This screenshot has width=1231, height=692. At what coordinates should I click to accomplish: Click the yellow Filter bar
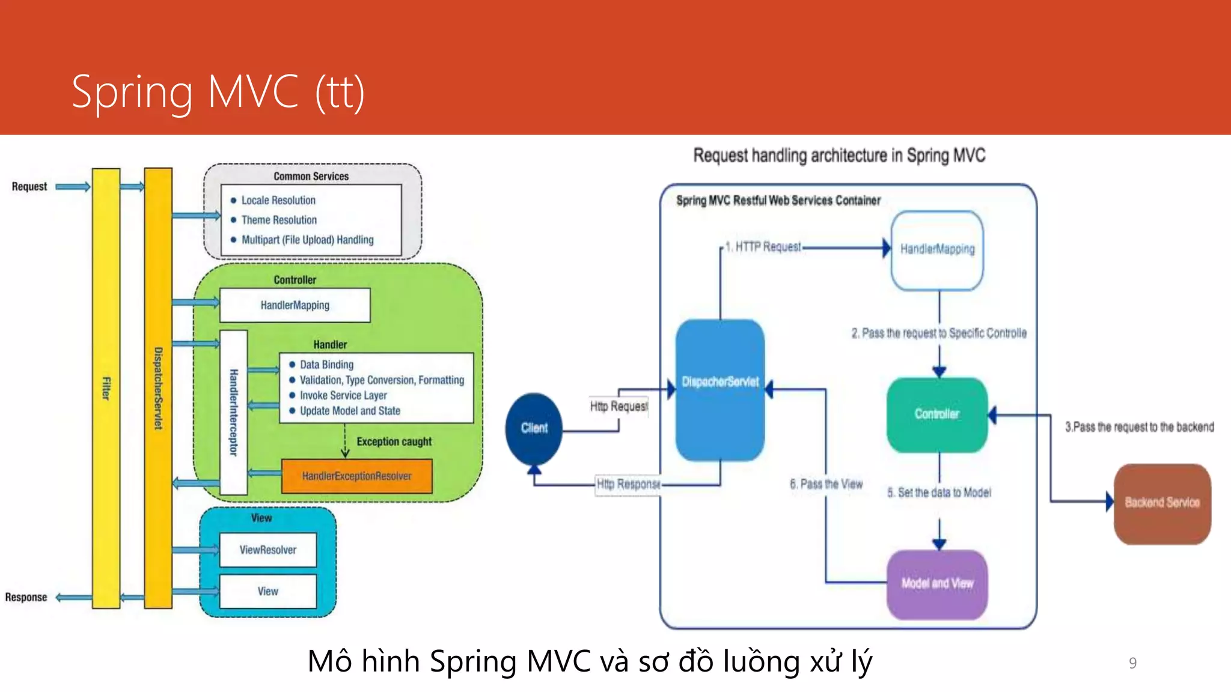coord(106,388)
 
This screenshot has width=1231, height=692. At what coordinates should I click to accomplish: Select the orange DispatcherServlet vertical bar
coord(158,388)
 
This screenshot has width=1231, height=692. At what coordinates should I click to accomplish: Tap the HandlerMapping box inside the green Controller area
coord(295,305)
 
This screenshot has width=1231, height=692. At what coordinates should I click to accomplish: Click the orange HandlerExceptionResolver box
coord(356,476)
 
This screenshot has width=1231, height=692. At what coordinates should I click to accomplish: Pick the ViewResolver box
coord(267,550)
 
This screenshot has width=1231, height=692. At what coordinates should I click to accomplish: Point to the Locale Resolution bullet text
coord(278,200)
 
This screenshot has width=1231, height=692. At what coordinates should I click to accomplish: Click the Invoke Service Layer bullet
coord(343,395)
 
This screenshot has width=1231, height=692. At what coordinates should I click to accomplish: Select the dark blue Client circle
coord(534,428)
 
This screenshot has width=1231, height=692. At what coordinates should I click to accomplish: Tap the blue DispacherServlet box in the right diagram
coord(719,389)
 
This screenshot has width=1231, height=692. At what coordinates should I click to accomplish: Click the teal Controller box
coord(936,414)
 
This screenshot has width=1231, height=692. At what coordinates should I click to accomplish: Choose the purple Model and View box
coord(936,583)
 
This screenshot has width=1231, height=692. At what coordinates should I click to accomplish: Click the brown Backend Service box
coord(1162,503)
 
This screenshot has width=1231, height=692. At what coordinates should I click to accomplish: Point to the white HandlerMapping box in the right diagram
coord(937,249)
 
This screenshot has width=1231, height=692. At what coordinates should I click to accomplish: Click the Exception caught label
coord(394,442)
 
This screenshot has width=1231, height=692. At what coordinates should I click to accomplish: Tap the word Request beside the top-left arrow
coord(29,186)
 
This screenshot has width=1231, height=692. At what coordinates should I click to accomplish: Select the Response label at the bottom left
coord(26,597)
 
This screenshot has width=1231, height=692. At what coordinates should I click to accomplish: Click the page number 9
coord(1132,663)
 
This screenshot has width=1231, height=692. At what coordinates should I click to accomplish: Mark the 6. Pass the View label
coord(826,484)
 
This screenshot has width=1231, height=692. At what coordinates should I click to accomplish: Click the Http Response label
coord(628,484)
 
